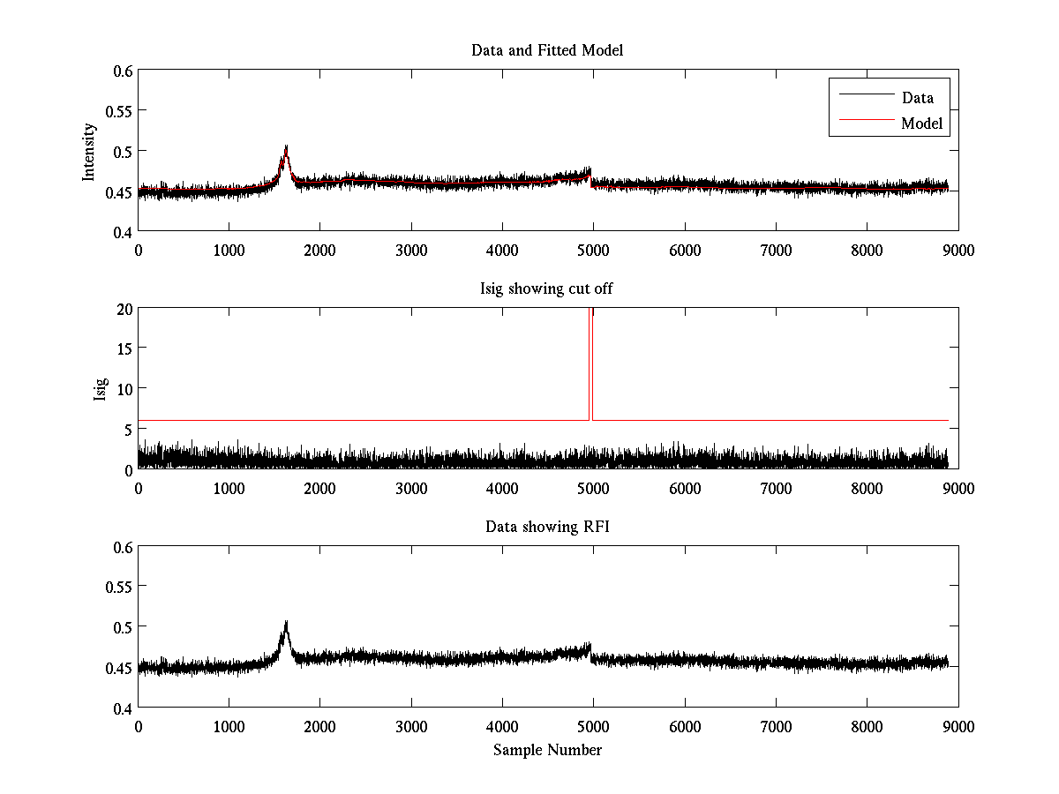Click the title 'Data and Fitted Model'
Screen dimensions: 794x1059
[547, 50]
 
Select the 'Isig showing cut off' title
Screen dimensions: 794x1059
[547, 288]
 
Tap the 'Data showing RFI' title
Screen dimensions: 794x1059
[547, 527]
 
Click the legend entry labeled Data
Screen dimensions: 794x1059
[917, 97]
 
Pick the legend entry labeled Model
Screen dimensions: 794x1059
[922, 124]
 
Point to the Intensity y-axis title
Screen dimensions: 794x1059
[88, 151]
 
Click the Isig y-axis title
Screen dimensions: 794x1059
[100, 389]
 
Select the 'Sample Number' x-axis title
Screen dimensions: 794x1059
[547, 750]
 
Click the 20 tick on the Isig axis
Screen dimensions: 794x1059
[123, 309]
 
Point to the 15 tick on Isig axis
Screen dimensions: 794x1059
[123, 349]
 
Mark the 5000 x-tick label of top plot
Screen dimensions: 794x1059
[593, 250]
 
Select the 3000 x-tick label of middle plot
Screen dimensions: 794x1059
[411, 488]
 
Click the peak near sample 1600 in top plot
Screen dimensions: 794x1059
[286, 147]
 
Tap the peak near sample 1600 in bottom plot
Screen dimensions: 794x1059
[286, 624]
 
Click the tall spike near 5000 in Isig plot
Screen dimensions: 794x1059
[590, 353]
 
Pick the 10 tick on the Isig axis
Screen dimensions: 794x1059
[123, 389]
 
